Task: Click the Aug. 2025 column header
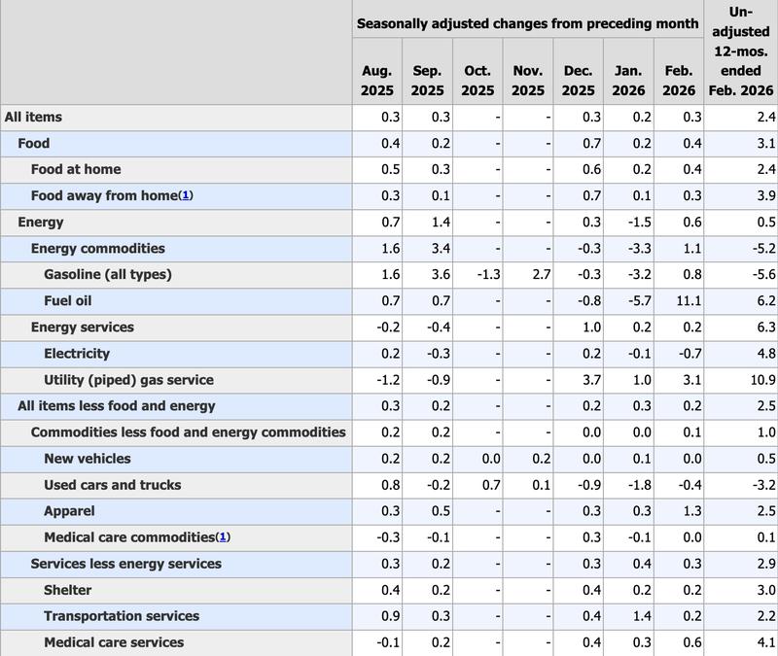[x=376, y=81]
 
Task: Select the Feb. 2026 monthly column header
[x=679, y=81]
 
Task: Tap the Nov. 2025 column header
[x=528, y=81]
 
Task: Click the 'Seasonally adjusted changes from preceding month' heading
[x=528, y=22]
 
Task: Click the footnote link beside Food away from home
[x=185, y=195]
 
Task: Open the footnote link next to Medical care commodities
[x=223, y=537]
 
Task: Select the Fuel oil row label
[x=67, y=301]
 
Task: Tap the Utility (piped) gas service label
[x=128, y=380]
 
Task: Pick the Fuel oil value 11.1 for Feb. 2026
[x=683, y=301]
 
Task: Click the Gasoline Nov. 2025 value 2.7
[x=541, y=275]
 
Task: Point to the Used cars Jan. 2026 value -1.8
[x=632, y=485]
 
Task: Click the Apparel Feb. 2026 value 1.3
[x=687, y=511]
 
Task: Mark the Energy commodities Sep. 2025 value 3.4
[x=434, y=249]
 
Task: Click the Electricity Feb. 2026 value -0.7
[x=683, y=354]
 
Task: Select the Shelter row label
[x=67, y=590]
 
